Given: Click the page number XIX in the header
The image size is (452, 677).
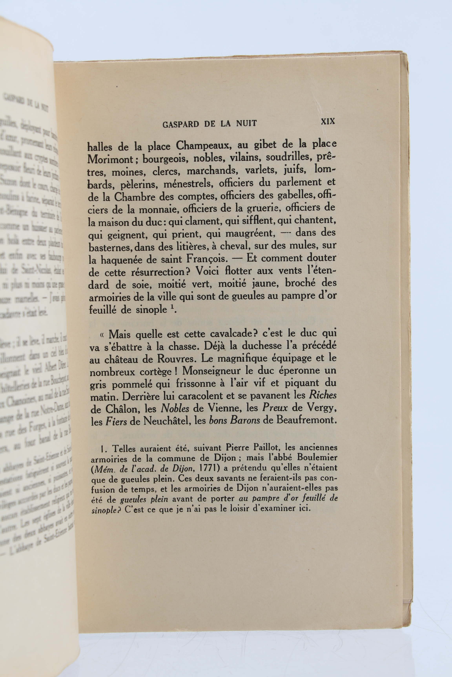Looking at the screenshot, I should click(x=328, y=121).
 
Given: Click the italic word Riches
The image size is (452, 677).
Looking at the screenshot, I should click(x=323, y=395).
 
